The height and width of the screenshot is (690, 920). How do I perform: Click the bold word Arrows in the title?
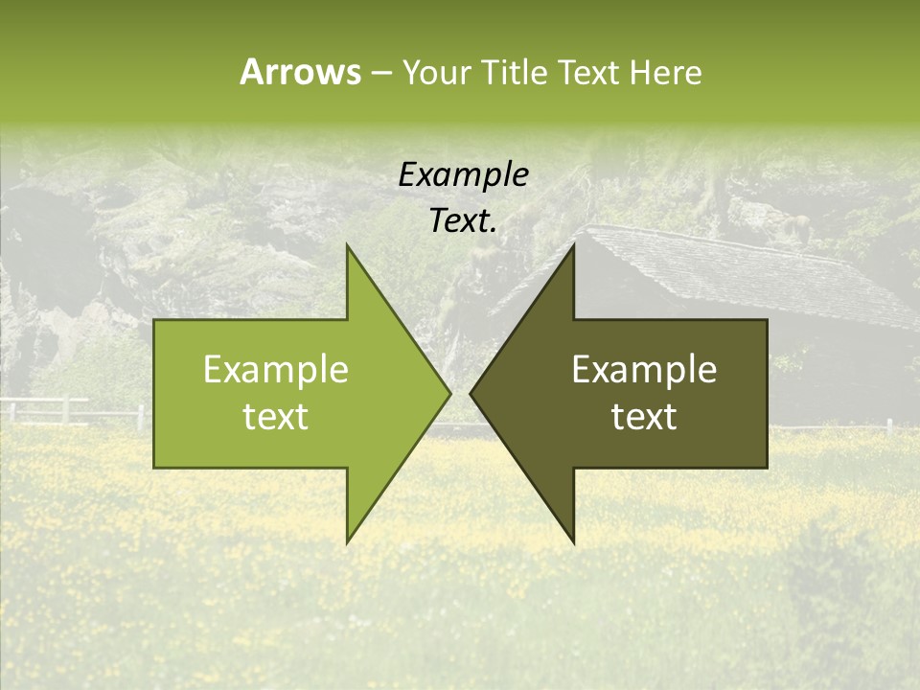300,72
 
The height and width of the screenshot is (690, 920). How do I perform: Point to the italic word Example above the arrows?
463,175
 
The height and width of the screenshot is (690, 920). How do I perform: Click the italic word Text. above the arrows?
463,221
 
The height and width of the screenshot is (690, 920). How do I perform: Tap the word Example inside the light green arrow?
276,370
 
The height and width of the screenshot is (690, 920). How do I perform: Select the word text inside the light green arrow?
276,417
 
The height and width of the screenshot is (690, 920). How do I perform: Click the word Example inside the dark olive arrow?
644,370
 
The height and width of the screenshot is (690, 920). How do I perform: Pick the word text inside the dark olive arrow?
644,417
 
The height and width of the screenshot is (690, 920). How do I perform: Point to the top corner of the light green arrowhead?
348,247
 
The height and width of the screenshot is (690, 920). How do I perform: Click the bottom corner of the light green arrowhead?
348,540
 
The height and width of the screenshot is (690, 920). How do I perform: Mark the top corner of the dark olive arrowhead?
573,247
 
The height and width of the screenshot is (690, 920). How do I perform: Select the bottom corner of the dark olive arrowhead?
573,540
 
